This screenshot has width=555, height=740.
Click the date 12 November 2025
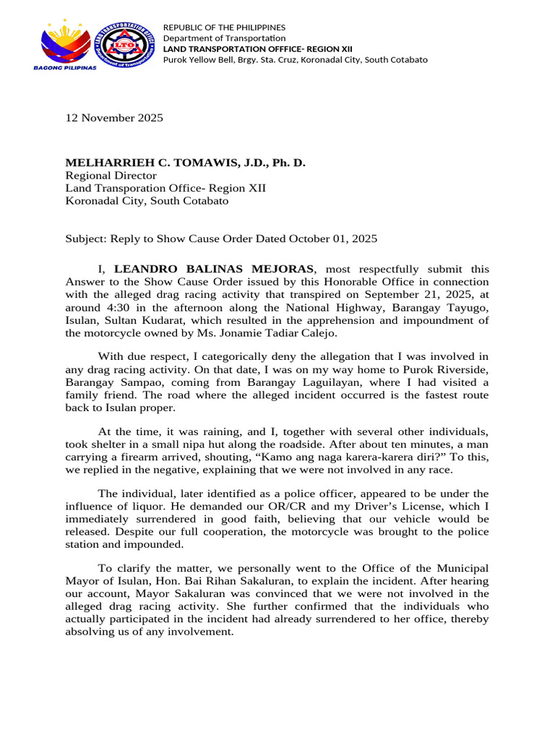pyautogui.click(x=114, y=118)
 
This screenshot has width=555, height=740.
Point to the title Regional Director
pyautogui.click(x=111, y=176)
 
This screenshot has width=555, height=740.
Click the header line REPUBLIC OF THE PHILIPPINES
pyautogui.click(x=224, y=27)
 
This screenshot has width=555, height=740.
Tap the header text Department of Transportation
pyautogui.click(x=224, y=38)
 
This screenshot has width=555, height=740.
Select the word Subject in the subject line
pyautogui.click(x=85, y=238)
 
